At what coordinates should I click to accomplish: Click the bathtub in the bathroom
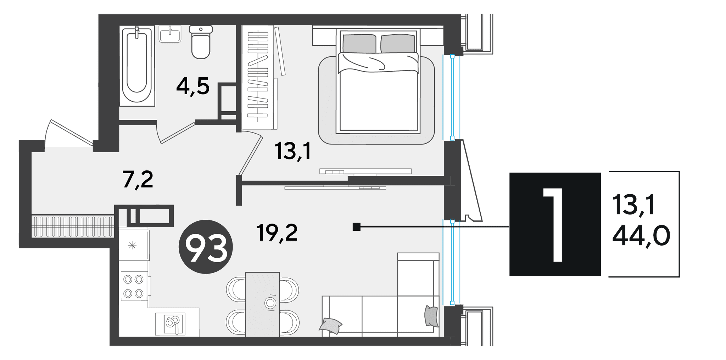[x=137, y=66]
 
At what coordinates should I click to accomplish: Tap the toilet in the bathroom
[x=201, y=41]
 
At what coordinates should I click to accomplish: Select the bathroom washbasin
[x=170, y=34]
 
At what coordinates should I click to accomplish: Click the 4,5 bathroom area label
[x=193, y=87]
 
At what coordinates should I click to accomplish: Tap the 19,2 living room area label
[x=277, y=233]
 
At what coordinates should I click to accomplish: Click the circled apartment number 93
[x=206, y=247]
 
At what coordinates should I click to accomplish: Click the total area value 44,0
[x=641, y=236]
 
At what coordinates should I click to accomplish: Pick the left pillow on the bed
[x=359, y=44]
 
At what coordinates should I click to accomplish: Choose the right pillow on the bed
[x=397, y=44]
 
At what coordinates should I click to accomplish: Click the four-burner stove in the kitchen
[x=134, y=286]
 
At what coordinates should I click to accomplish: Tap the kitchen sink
[x=170, y=324]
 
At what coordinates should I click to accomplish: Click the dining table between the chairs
[x=263, y=304]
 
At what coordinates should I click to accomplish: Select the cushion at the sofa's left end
[x=330, y=326]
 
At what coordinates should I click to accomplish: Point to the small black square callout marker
[x=357, y=227]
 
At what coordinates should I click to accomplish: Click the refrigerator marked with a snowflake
[x=134, y=245]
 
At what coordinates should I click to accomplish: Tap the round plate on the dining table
[x=270, y=303]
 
